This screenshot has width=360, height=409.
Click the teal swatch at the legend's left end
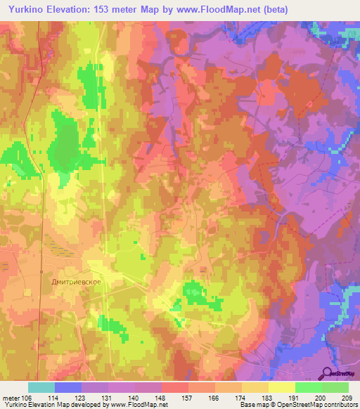coord(41,387)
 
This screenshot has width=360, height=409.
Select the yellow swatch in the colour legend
coord(281,387)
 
